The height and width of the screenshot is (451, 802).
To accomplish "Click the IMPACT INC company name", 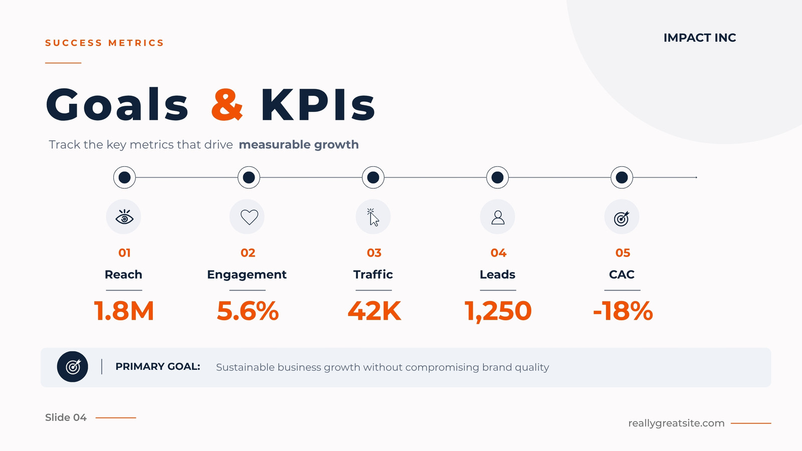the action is click(700, 38).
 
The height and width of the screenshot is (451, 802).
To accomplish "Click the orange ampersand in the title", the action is click(227, 104).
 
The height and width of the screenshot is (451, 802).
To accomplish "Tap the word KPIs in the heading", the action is click(318, 104).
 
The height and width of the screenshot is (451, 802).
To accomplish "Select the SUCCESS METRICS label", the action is click(104, 43).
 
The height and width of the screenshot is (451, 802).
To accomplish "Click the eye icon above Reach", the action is click(124, 217).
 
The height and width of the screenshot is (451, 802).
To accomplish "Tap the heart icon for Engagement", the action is click(249, 217).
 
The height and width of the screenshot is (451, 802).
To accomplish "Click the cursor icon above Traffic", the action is click(373, 217).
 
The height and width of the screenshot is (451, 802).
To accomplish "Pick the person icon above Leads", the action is click(498, 217).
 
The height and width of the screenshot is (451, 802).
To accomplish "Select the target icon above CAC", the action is click(622, 218).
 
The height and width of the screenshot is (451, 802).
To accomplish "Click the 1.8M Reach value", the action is click(124, 311).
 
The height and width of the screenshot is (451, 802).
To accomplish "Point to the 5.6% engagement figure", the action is click(248, 311).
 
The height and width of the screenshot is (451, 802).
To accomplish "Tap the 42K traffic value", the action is click(374, 311).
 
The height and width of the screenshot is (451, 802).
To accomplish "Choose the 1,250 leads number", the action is click(498, 311).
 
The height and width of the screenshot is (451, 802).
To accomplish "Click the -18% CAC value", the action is click(623, 311).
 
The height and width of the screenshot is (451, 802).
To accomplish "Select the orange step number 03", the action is click(374, 253).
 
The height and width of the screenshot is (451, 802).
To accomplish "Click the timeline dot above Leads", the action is click(497, 177).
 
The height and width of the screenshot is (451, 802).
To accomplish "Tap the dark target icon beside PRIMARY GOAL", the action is click(72, 366).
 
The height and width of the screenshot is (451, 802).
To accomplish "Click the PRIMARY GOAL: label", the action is click(157, 366).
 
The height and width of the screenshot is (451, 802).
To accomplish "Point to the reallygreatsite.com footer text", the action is click(676, 423).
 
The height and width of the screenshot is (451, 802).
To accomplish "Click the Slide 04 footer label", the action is click(66, 417).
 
